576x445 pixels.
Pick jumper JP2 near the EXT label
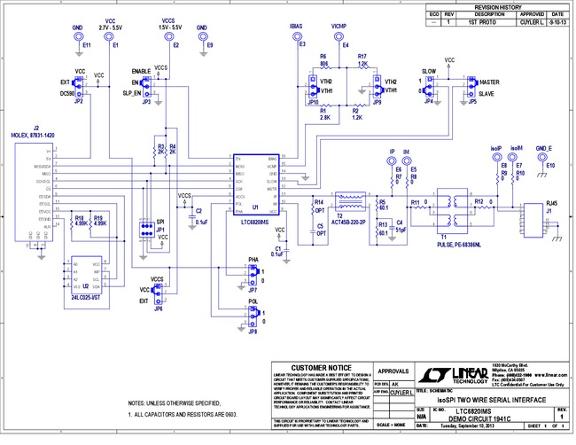click(x=78, y=86)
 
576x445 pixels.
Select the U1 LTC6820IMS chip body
click(x=257, y=183)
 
